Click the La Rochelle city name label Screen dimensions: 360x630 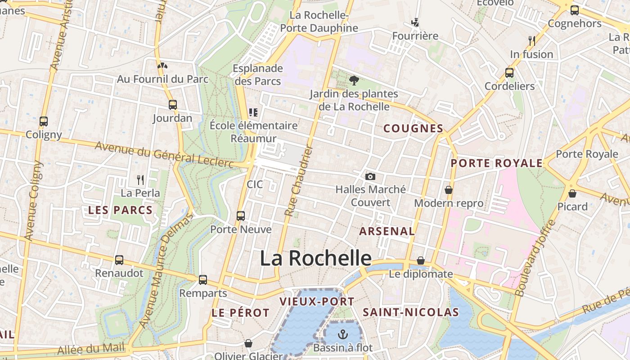(x=315, y=258)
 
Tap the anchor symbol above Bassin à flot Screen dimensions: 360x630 (x=343, y=334)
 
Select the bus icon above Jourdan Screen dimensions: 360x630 (x=173, y=105)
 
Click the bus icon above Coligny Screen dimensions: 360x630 (x=44, y=121)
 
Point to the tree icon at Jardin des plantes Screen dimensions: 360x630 (x=354, y=81)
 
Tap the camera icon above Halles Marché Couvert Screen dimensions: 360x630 (x=370, y=176)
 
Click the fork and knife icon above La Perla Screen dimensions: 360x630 (x=140, y=180)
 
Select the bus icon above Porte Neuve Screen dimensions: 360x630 (x=241, y=216)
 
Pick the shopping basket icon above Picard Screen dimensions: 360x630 (x=572, y=193)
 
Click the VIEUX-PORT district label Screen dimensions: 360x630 (x=317, y=302)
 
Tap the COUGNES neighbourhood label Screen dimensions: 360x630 (x=414, y=129)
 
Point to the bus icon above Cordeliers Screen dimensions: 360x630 (x=509, y=72)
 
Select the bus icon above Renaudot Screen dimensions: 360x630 (x=119, y=260)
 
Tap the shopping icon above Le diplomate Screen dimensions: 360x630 (x=421, y=261)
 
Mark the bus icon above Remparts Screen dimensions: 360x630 (x=203, y=280)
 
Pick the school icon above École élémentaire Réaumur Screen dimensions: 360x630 (x=253, y=112)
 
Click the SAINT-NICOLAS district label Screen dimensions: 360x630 (x=411, y=312)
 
